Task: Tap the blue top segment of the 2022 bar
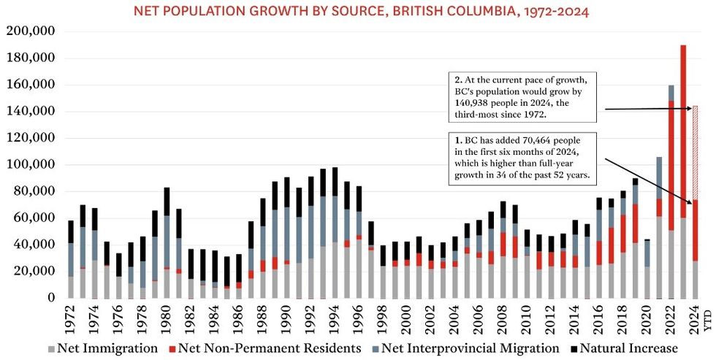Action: click(x=671, y=93)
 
